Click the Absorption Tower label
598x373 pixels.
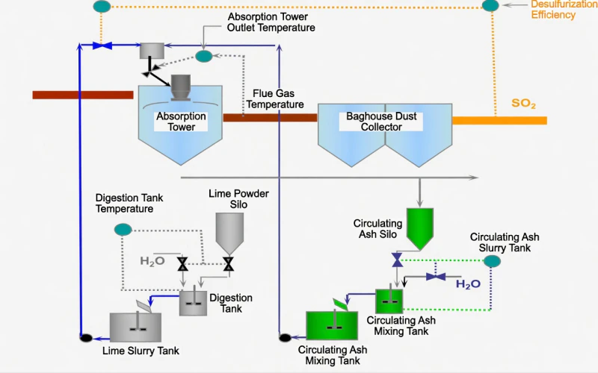pyautogui.click(x=181, y=122)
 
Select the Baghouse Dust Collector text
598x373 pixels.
pyautogui.click(x=381, y=122)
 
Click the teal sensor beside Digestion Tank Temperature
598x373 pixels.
pyautogui.click(x=123, y=229)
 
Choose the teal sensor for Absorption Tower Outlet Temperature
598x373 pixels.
pyautogui.click(x=203, y=56)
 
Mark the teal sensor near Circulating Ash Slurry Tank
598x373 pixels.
pyautogui.click(x=492, y=260)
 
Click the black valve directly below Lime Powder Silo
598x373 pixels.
pyautogui.click(x=229, y=263)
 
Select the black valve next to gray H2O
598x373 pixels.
pyautogui.click(x=182, y=263)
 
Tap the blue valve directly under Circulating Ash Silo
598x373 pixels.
pyautogui.click(x=398, y=259)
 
